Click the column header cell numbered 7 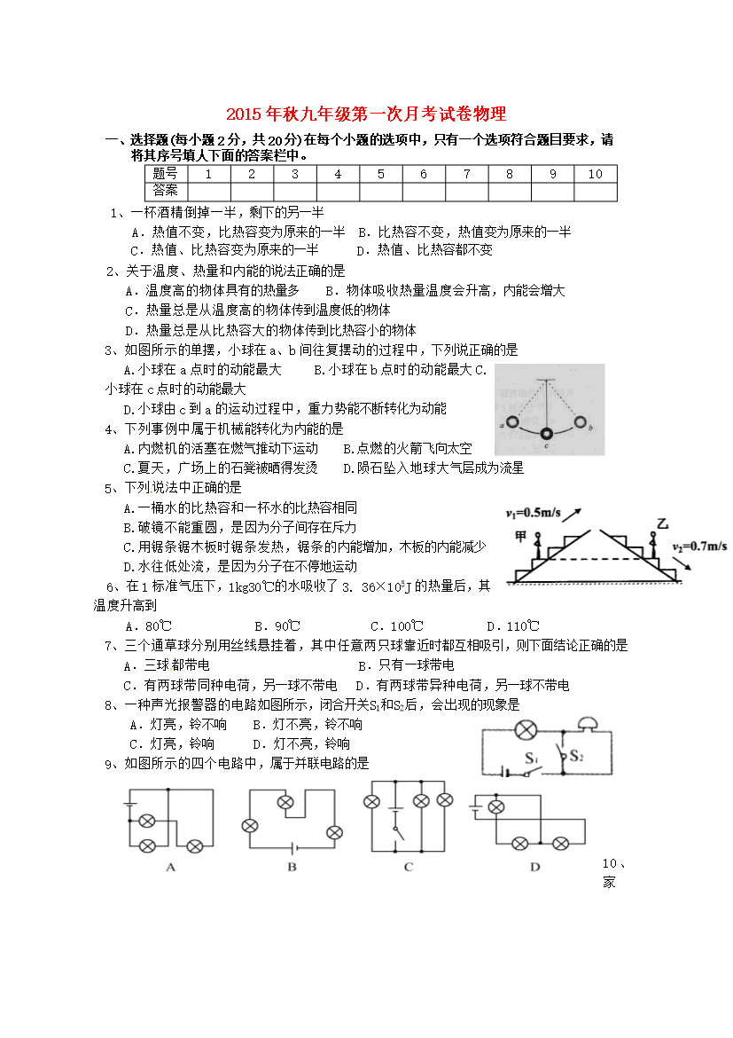click(x=466, y=174)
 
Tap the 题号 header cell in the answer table click(x=165, y=174)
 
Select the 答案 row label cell click(x=165, y=191)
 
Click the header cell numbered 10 click(x=594, y=174)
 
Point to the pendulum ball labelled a click(x=512, y=422)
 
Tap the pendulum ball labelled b click(x=580, y=422)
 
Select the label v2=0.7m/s click(x=699, y=546)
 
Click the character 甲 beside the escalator click(x=521, y=536)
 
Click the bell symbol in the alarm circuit click(x=586, y=724)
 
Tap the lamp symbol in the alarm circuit click(x=526, y=731)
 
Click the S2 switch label click(x=577, y=757)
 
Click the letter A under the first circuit click(x=170, y=867)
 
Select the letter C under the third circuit click(x=409, y=867)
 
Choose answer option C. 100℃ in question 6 click(x=395, y=625)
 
